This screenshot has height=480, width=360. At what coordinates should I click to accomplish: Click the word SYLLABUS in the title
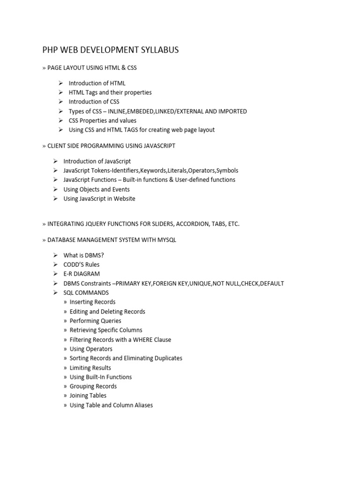click(x=158, y=50)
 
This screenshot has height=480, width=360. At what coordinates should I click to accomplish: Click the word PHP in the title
click(x=51, y=50)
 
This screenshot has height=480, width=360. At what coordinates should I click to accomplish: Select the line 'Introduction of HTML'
click(x=97, y=83)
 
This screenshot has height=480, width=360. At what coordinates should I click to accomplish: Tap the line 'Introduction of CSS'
click(x=94, y=102)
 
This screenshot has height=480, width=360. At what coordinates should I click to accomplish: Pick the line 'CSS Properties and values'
click(x=103, y=120)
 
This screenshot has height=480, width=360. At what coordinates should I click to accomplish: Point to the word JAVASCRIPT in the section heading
click(x=155, y=146)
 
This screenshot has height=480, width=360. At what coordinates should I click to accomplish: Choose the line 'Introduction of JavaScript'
click(x=97, y=161)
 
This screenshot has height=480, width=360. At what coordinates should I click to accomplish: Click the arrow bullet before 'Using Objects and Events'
click(x=55, y=189)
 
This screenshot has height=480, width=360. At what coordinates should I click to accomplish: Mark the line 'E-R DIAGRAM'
click(x=82, y=274)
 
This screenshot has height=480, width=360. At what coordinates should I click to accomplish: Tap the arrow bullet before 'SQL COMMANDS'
click(x=55, y=292)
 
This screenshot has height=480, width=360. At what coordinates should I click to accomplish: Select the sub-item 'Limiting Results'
click(x=90, y=367)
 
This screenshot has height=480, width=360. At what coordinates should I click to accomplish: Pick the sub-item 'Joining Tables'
click(x=88, y=396)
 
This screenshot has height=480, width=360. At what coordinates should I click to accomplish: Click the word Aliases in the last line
click(x=142, y=405)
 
